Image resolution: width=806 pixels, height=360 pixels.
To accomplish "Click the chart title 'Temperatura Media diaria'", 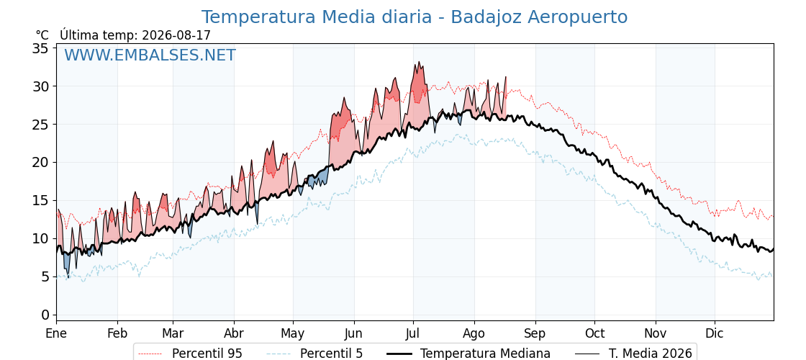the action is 316,17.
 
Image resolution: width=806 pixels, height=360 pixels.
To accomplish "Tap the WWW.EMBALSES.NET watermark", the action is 150,55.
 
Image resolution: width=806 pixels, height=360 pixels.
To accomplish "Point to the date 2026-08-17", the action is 176,35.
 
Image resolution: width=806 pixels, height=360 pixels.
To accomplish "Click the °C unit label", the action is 42,35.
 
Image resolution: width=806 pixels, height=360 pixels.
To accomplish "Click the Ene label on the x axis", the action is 56,333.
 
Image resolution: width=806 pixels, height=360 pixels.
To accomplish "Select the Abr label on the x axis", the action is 234,333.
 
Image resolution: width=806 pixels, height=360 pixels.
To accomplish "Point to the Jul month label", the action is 413,333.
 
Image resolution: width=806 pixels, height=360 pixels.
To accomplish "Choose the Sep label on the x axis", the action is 535,333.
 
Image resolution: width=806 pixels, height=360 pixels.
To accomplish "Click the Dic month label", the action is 715,333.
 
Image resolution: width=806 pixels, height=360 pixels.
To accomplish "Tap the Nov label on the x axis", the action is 656,333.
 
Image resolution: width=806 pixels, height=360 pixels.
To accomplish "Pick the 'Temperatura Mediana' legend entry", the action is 468,354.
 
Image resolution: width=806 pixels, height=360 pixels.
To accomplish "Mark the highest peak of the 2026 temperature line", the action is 419,62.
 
